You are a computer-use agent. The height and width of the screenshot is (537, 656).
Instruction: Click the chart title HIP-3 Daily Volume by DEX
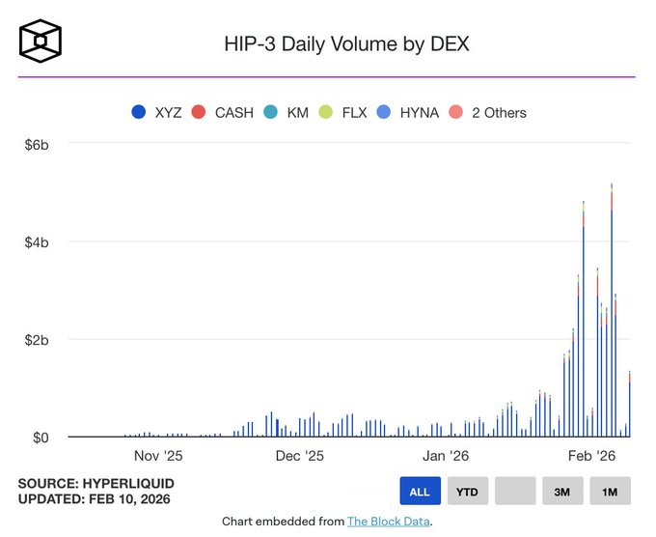click(x=346, y=43)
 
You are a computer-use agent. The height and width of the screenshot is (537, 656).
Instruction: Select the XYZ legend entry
click(x=160, y=112)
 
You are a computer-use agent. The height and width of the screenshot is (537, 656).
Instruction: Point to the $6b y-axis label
click(x=36, y=144)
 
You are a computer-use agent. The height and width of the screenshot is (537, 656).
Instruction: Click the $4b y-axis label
click(x=36, y=242)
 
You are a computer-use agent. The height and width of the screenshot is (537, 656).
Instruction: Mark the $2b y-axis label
click(x=36, y=340)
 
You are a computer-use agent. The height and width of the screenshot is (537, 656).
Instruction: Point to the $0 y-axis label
click(x=40, y=438)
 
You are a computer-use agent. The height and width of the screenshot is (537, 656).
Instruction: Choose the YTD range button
click(x=467, y=491)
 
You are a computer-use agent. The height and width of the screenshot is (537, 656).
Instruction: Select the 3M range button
click(x=561, y=491)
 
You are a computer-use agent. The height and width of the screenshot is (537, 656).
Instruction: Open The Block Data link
click(x=389, y=522)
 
